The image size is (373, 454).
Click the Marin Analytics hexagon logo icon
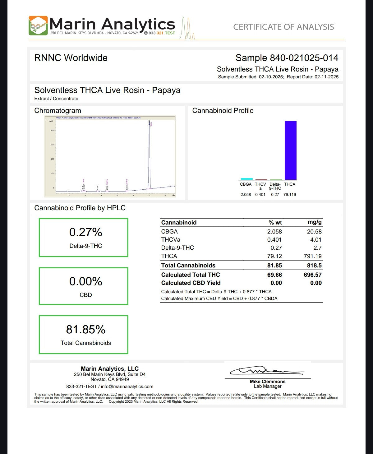coord(38,25)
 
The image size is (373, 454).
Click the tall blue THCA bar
coord(290,150)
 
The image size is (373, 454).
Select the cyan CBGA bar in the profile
coord(247,179)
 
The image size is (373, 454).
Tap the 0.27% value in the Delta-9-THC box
coord(85,232)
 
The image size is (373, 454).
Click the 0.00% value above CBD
coord(85,281)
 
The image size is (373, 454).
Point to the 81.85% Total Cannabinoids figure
coord(85,330)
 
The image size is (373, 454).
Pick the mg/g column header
coord(315,222)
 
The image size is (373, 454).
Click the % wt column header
coord(275,222)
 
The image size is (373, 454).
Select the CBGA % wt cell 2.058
coord(274,232)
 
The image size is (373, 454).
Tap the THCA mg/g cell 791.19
coord(312,256)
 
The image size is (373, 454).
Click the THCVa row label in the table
coord(171,240)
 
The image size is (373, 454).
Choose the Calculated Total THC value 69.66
coord(274,275)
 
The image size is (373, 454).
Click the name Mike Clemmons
coord(267,382)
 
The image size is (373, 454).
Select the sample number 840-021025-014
coord(304,58)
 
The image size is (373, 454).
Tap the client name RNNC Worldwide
coord(71,58)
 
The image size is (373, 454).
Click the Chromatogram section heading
coord(58,111)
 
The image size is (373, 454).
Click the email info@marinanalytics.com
coord(127,387)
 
